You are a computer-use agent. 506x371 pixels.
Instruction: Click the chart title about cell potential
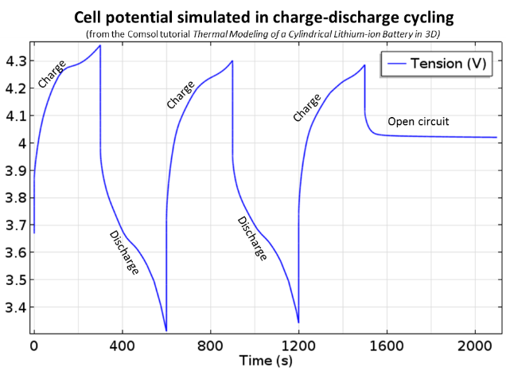253,17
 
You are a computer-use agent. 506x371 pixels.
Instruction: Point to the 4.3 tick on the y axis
15,61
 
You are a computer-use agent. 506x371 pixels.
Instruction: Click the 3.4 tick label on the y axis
15,308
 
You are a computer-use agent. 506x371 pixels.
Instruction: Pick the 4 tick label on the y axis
21,143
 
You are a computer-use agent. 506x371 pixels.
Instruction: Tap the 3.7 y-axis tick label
15,226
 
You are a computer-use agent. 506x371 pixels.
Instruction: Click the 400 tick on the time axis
122,347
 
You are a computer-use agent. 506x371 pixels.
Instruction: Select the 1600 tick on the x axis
387,347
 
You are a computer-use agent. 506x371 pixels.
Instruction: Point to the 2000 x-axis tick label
475,347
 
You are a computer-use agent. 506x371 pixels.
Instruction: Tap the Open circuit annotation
418,122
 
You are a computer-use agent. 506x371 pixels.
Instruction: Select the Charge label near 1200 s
306,107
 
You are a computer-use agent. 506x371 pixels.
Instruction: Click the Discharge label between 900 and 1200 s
252,237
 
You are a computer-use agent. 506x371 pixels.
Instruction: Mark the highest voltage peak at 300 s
99,45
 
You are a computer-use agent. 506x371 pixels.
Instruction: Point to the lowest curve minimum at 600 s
165,330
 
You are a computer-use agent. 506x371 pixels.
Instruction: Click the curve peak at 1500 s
364,65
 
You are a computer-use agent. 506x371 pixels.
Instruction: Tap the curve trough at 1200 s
298,322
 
